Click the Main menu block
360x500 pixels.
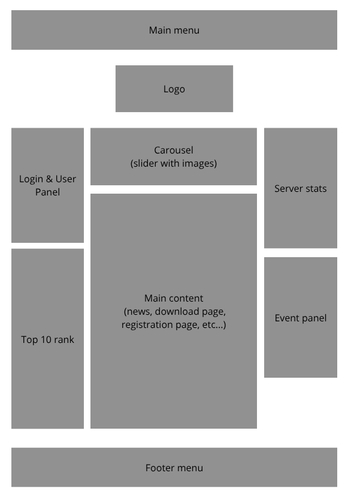tap(174, 30)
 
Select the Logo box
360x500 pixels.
tap(174, 89)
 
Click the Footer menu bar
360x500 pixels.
tap(174, 468)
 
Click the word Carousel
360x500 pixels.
tap(174, 150)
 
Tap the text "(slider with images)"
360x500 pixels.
tap(174, 163)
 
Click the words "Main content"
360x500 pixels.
tap(174, 298)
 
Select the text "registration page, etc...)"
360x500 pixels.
tap(174, 325)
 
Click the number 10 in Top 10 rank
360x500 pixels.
tap(47, 340)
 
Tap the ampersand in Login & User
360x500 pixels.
tap(50, 179)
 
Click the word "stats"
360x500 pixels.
tap(315, 189)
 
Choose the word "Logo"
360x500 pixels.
tap(174, 89)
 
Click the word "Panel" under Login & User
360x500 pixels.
tap(47, 192)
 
